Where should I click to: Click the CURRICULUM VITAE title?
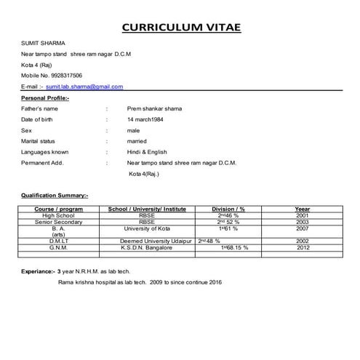180,28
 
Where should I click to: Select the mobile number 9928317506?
63,75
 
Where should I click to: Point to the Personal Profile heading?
45,97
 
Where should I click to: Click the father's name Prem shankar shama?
154,108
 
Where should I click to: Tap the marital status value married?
137,141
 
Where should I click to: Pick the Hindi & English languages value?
147,152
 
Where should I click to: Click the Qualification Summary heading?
55,195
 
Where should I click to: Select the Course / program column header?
59,209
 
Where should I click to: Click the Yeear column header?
303,209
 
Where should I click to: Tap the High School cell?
59,216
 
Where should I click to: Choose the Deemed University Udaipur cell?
155,241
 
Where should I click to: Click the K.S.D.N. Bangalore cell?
147,247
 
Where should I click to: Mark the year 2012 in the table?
303,247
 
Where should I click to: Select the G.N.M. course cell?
59,247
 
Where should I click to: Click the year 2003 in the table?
303,222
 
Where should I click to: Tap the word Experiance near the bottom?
37,271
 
